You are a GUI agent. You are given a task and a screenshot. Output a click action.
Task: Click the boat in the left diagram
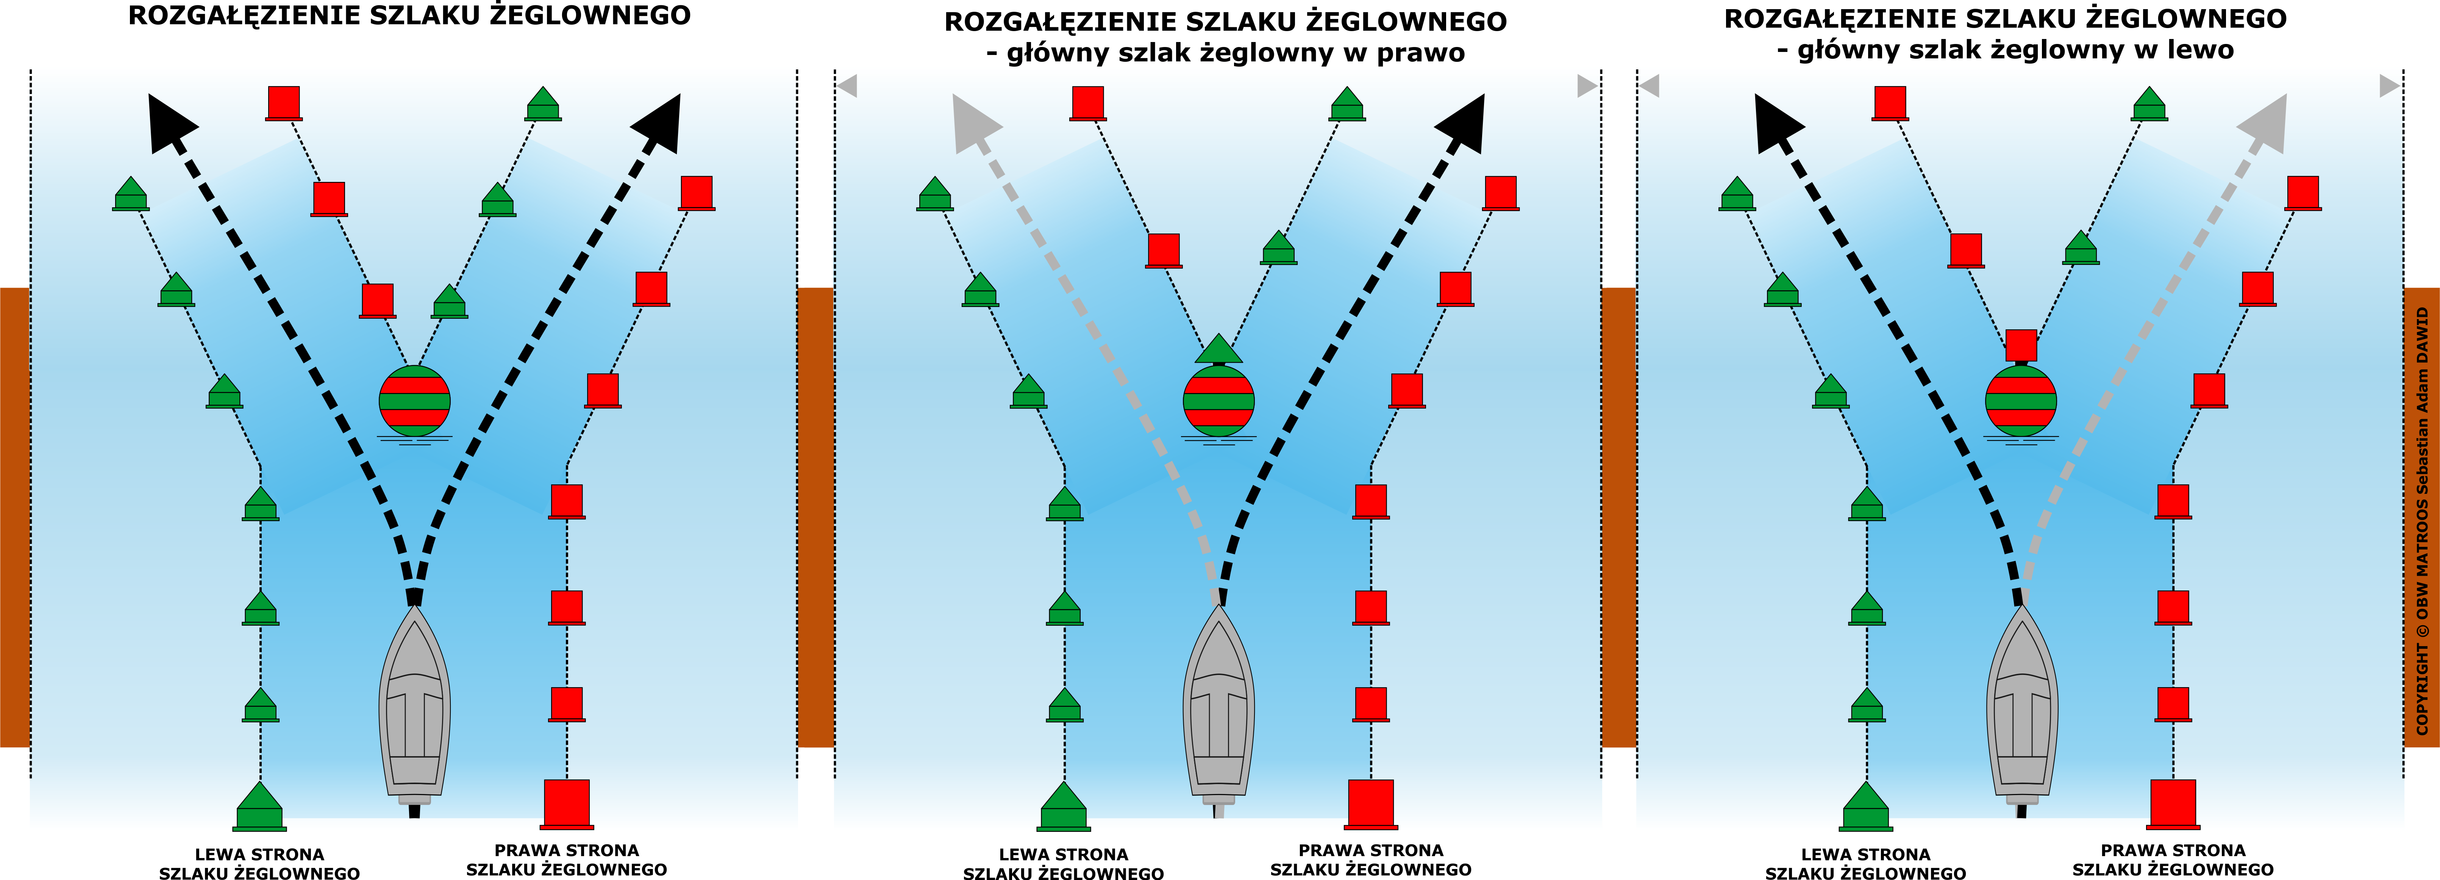point(414,706)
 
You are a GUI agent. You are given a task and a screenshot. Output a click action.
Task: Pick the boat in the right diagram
point(2021,706)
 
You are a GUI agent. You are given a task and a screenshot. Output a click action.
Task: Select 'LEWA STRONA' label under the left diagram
point(259,855)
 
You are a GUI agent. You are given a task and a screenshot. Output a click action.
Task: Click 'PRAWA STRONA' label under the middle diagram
point(1371,851)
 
